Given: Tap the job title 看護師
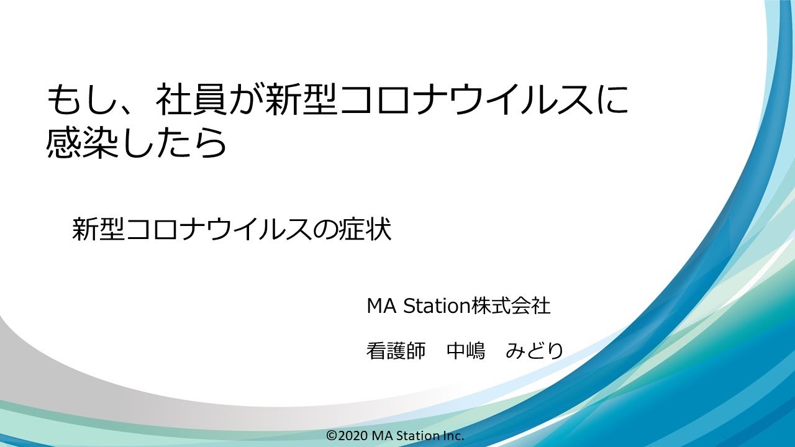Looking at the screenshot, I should click(x=396, y=351).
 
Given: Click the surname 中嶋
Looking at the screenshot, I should click(x=466, y=351).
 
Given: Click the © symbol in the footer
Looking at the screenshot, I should click(x=331, y=436).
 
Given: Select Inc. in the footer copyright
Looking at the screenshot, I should click(x=453, y=436).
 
